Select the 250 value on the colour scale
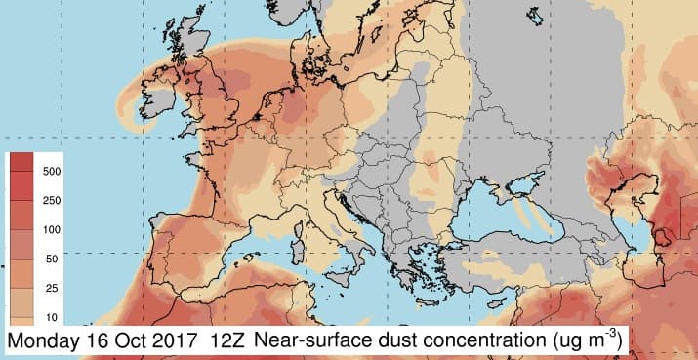click(52, 199)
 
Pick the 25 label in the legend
click(52, 288)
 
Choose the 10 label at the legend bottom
click(52, 318)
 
